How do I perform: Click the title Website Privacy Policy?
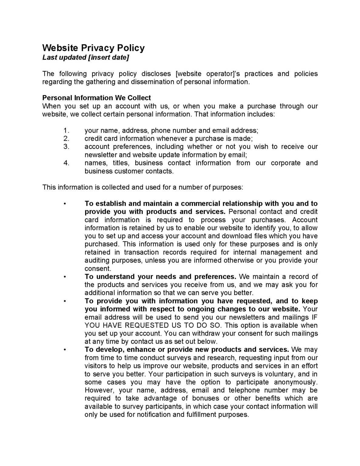coord(93,48)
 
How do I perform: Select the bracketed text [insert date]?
coord(108,57)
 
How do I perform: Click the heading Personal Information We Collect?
coord(96,98)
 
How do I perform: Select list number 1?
coord(66,130)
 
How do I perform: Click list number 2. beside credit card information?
coord(66,139)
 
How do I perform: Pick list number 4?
coord(66,163)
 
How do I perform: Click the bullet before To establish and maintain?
coord(65,204)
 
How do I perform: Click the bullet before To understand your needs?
coord(65,277)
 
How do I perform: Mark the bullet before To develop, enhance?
coord(65,349)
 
